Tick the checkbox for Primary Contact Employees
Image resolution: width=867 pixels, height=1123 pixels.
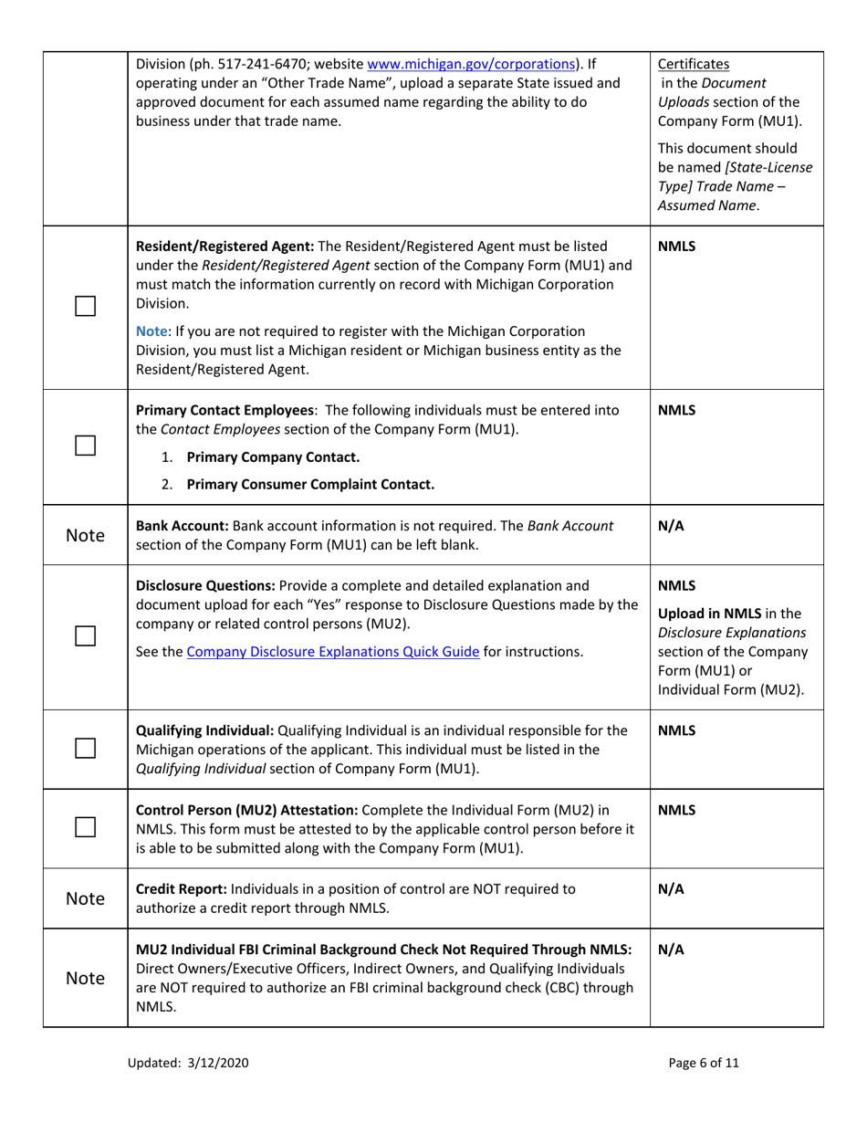coord(86,447)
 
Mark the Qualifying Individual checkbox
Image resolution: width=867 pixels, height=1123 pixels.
coord(86,748)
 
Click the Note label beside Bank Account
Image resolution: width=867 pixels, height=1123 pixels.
coord(85,535)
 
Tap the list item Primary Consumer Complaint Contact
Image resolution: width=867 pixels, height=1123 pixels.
coord(309,484)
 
